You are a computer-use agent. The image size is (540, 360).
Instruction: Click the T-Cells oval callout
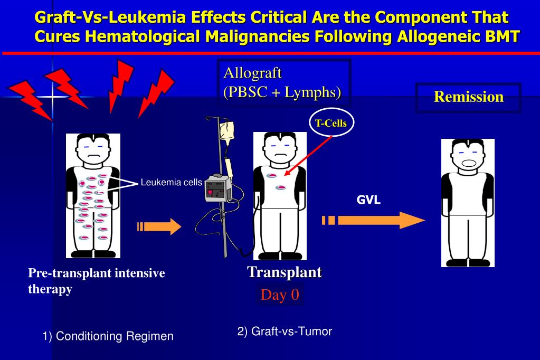[331, 124]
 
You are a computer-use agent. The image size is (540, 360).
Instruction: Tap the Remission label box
[468, 97]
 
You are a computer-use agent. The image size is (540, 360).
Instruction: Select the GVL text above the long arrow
[368, 200]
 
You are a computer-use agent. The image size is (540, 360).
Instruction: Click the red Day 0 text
[280, 295]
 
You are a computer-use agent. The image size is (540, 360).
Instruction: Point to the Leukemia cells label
[171, 183]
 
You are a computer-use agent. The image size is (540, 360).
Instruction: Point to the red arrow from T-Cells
[309, 155]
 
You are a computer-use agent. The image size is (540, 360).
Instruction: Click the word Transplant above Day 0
[285, 272]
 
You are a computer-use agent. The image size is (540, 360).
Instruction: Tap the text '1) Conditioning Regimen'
[108, 336]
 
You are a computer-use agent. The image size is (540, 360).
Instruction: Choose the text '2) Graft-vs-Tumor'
[285, 331]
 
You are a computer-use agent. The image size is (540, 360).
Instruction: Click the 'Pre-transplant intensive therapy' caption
[97, 281]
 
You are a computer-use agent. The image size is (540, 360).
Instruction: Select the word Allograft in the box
[252, 73]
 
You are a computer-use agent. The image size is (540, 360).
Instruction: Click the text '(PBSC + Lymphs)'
[282, 92]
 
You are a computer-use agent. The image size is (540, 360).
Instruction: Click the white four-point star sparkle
[52, 97]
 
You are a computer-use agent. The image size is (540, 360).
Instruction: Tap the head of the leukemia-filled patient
[93, 150]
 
